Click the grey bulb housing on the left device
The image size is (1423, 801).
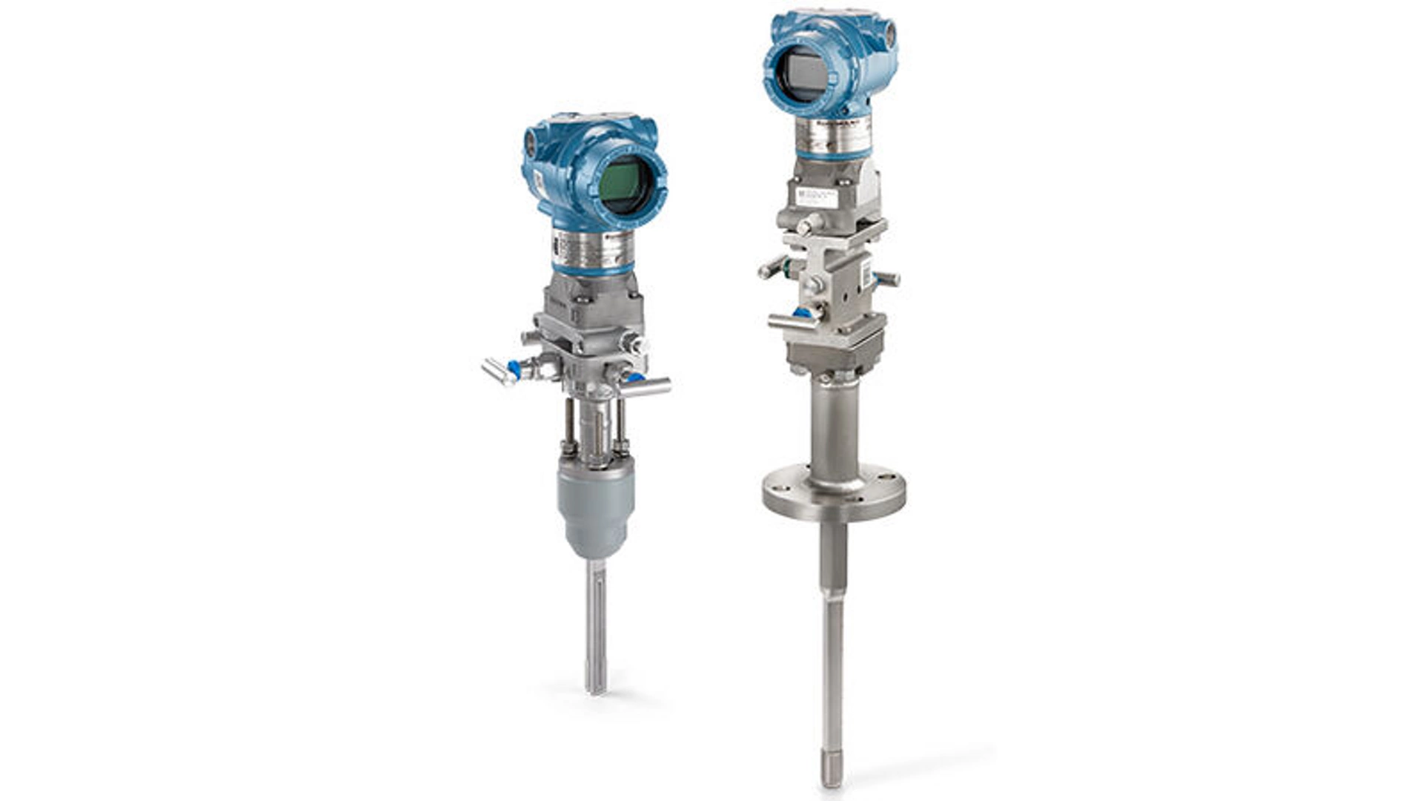tap(595, 505)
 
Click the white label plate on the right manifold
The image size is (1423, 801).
tap(815, 196)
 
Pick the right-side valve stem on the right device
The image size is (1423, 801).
tap(886, 280)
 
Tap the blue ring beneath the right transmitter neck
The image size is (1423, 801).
tap(835, 154)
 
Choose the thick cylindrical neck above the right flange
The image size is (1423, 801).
tap(835, 430)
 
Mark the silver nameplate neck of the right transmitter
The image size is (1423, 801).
tap(833, 133)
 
